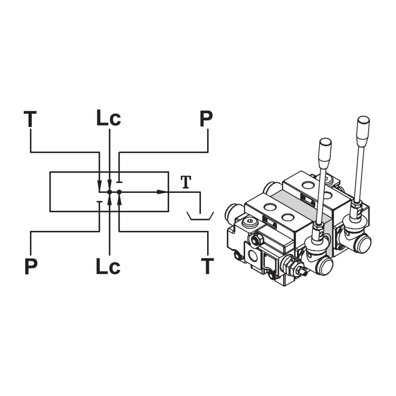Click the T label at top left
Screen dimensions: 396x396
pos(30,119)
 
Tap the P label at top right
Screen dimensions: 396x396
pos(206,118)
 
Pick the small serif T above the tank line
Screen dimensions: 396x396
pos(186,182)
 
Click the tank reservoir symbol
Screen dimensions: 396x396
pos(200,216)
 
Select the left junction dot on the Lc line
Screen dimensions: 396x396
pos(109,192)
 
